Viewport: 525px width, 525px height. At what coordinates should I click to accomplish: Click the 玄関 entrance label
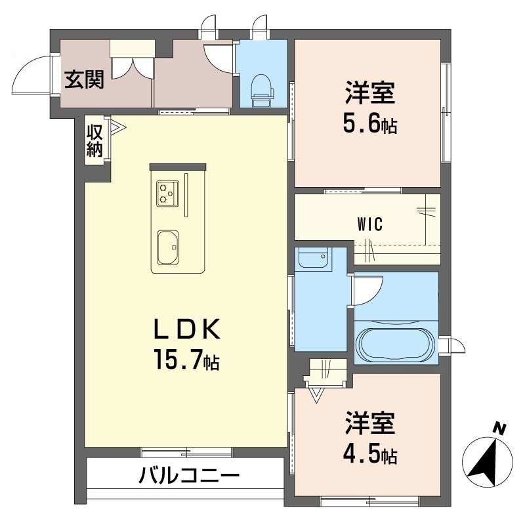point(83,79)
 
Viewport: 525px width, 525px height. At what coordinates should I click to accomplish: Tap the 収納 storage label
point(95,140)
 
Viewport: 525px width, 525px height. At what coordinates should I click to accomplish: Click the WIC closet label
point(371,223)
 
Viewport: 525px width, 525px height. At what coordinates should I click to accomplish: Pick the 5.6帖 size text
point(371,124)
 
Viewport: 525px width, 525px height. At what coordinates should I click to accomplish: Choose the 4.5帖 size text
point(371,453)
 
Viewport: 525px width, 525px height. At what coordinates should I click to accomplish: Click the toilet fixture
point(262,88)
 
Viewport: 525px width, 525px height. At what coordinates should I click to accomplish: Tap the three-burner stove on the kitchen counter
point(167,192)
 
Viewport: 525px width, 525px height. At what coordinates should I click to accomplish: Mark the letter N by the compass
point(500,429)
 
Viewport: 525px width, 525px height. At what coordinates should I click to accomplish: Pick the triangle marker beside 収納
point(116,125)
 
